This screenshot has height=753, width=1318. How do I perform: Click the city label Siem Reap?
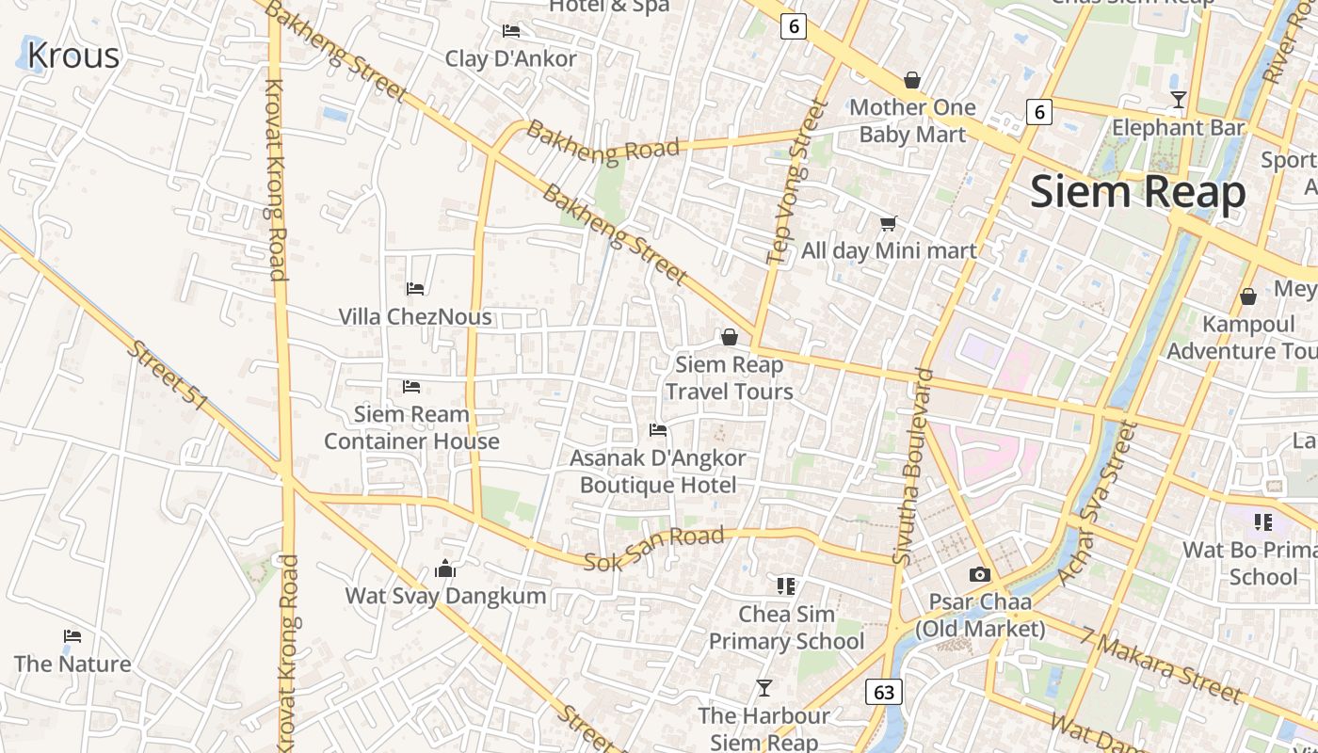pos(1137,192)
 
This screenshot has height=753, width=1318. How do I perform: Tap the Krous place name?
pos(73,56)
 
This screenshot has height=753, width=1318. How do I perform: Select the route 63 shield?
pos(884,693)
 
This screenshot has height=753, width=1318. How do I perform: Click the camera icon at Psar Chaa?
pos(980,574)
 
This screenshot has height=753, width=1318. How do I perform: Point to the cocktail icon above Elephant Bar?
pos(1178,99)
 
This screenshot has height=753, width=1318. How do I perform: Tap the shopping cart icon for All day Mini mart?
pos(888,223)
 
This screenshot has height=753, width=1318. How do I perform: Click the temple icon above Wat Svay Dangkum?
pos(445,569)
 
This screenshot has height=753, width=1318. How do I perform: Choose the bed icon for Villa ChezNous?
pos(415,288)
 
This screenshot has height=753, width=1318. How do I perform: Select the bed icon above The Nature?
pos(72,636)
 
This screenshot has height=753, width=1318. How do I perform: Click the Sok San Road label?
pos(653,549)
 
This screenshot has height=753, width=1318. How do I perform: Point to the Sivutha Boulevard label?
pos(914,467)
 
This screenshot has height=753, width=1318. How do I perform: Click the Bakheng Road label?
pos(603,142)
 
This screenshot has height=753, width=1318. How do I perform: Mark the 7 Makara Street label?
pos(1161,665)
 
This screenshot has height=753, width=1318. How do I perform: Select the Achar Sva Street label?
pos(1097,504)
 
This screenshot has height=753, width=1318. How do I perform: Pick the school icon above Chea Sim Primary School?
pos(786,586)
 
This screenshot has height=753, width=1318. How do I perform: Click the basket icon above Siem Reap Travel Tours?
pos(729,337)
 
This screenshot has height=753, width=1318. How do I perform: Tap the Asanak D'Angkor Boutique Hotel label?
pos(658,472)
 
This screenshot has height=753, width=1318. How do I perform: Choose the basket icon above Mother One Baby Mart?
pos(911,80)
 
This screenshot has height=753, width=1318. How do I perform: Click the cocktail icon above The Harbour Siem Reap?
pos(764,688)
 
